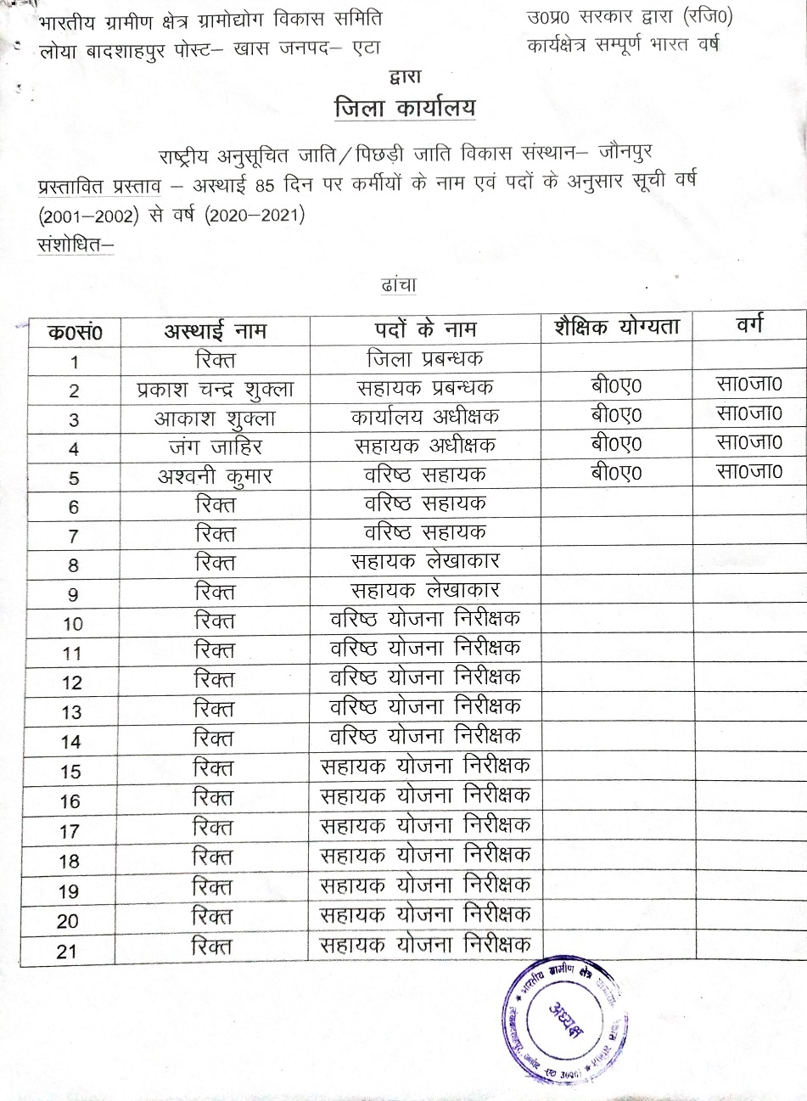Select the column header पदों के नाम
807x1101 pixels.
[425, 329]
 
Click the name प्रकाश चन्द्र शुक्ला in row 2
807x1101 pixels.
[216, 390]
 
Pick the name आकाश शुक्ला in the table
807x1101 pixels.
[215, 418]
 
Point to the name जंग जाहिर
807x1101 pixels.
[215, 447]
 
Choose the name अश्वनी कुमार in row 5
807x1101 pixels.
[215, 476]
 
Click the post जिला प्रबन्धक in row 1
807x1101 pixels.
[425, 359]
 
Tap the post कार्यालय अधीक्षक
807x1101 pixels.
[425, 417]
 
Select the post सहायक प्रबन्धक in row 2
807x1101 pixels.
[425, 388]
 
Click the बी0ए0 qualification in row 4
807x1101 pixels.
[617, 444]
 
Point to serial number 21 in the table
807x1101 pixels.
[68, 952]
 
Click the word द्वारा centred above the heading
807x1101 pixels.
[405, 77]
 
